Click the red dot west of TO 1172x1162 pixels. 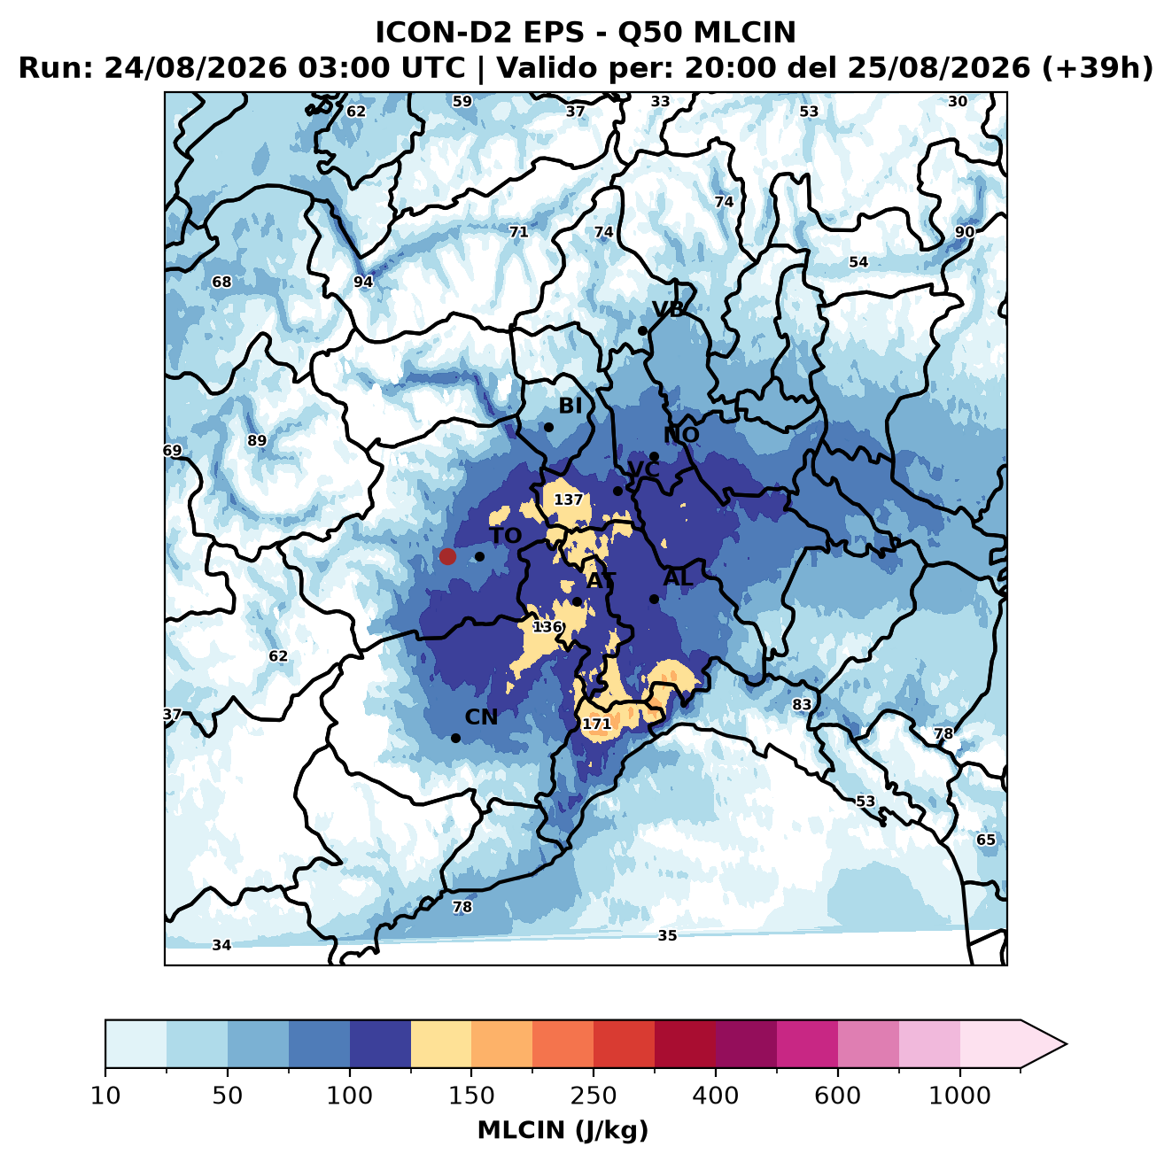pyautogui.click(x=447, y=556)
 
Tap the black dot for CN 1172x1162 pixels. pyautogui.click(x=455, y=738)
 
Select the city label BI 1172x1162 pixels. pyautogui.click(x=570, y=406)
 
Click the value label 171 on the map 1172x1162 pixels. pyautogui.click(x=596, y=724)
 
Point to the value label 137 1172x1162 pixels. pyautogui.click(x=568, y=500)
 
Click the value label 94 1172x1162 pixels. pyautogui.click(x=363, y=282)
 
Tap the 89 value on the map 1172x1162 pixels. pyautogui.click(x=257, y=440)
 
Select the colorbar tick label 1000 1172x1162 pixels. pyautogui.click(x=959, y=1096)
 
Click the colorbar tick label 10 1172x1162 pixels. pyautogui.click(x=105, y=1096)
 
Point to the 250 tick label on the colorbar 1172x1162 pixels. pyautogui.click(x=593, y=1096)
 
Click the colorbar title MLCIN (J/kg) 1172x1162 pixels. pyautogui.click(x=563, y=1130)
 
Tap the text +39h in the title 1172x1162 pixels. pyautogui.click(x=1097, y=68)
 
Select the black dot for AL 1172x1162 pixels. pyautogui.click(x=654, y=599)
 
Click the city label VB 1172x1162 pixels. pyautogui.click(x=668, y=309)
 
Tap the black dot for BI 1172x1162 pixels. pyautogui.click(x=548, y=428)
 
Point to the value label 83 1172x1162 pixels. pyautogui.click(x=802, y=703)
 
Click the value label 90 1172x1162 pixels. pyautogui.click(x=965, y=232)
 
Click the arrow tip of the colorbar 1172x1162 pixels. pyautogui.click(x=1067, y=1044)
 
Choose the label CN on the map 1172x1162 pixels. pyautogui.click(x=481, y=717)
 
